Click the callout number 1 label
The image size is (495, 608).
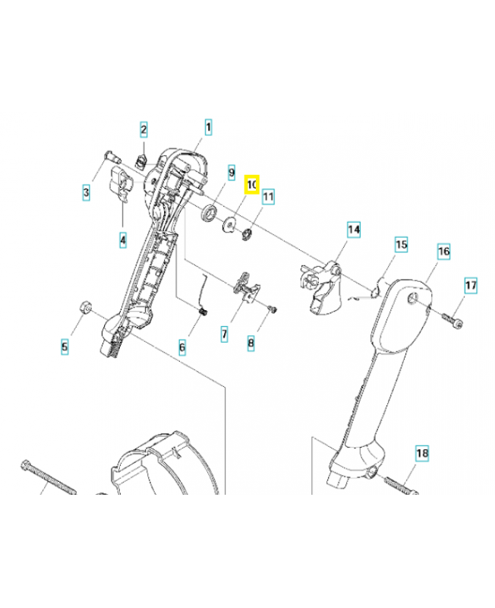208,126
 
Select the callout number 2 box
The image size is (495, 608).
143,130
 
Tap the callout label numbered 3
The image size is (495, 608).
87,193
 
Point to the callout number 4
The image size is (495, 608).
122,241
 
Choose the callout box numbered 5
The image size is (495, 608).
65,347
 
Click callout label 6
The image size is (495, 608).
182,347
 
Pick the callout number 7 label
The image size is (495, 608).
225,333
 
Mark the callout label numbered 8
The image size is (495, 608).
251,343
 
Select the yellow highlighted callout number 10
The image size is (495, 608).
251,185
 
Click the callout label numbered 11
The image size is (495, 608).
268,198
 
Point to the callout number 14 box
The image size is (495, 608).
354,229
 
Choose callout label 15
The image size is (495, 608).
401,245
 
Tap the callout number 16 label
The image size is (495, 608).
443,251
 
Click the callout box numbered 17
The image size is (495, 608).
471,286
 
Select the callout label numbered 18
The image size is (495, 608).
422,454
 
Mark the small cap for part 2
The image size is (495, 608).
140,160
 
